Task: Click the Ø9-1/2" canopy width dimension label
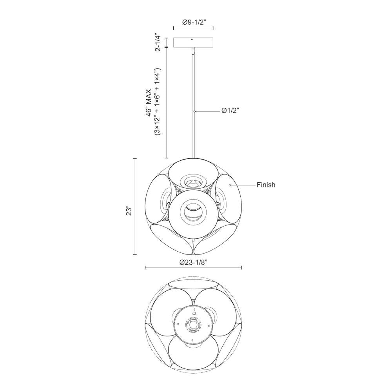[x=194, y=22]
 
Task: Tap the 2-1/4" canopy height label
[x=158, y=42]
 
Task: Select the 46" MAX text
[x=149, y=102]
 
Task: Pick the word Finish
[x=266, y=185]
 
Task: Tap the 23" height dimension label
[x=129, y=211]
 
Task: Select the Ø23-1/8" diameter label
[x=194, y=262]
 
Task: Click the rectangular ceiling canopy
[x=193, y=42]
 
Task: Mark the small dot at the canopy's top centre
[x=192, y=39]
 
